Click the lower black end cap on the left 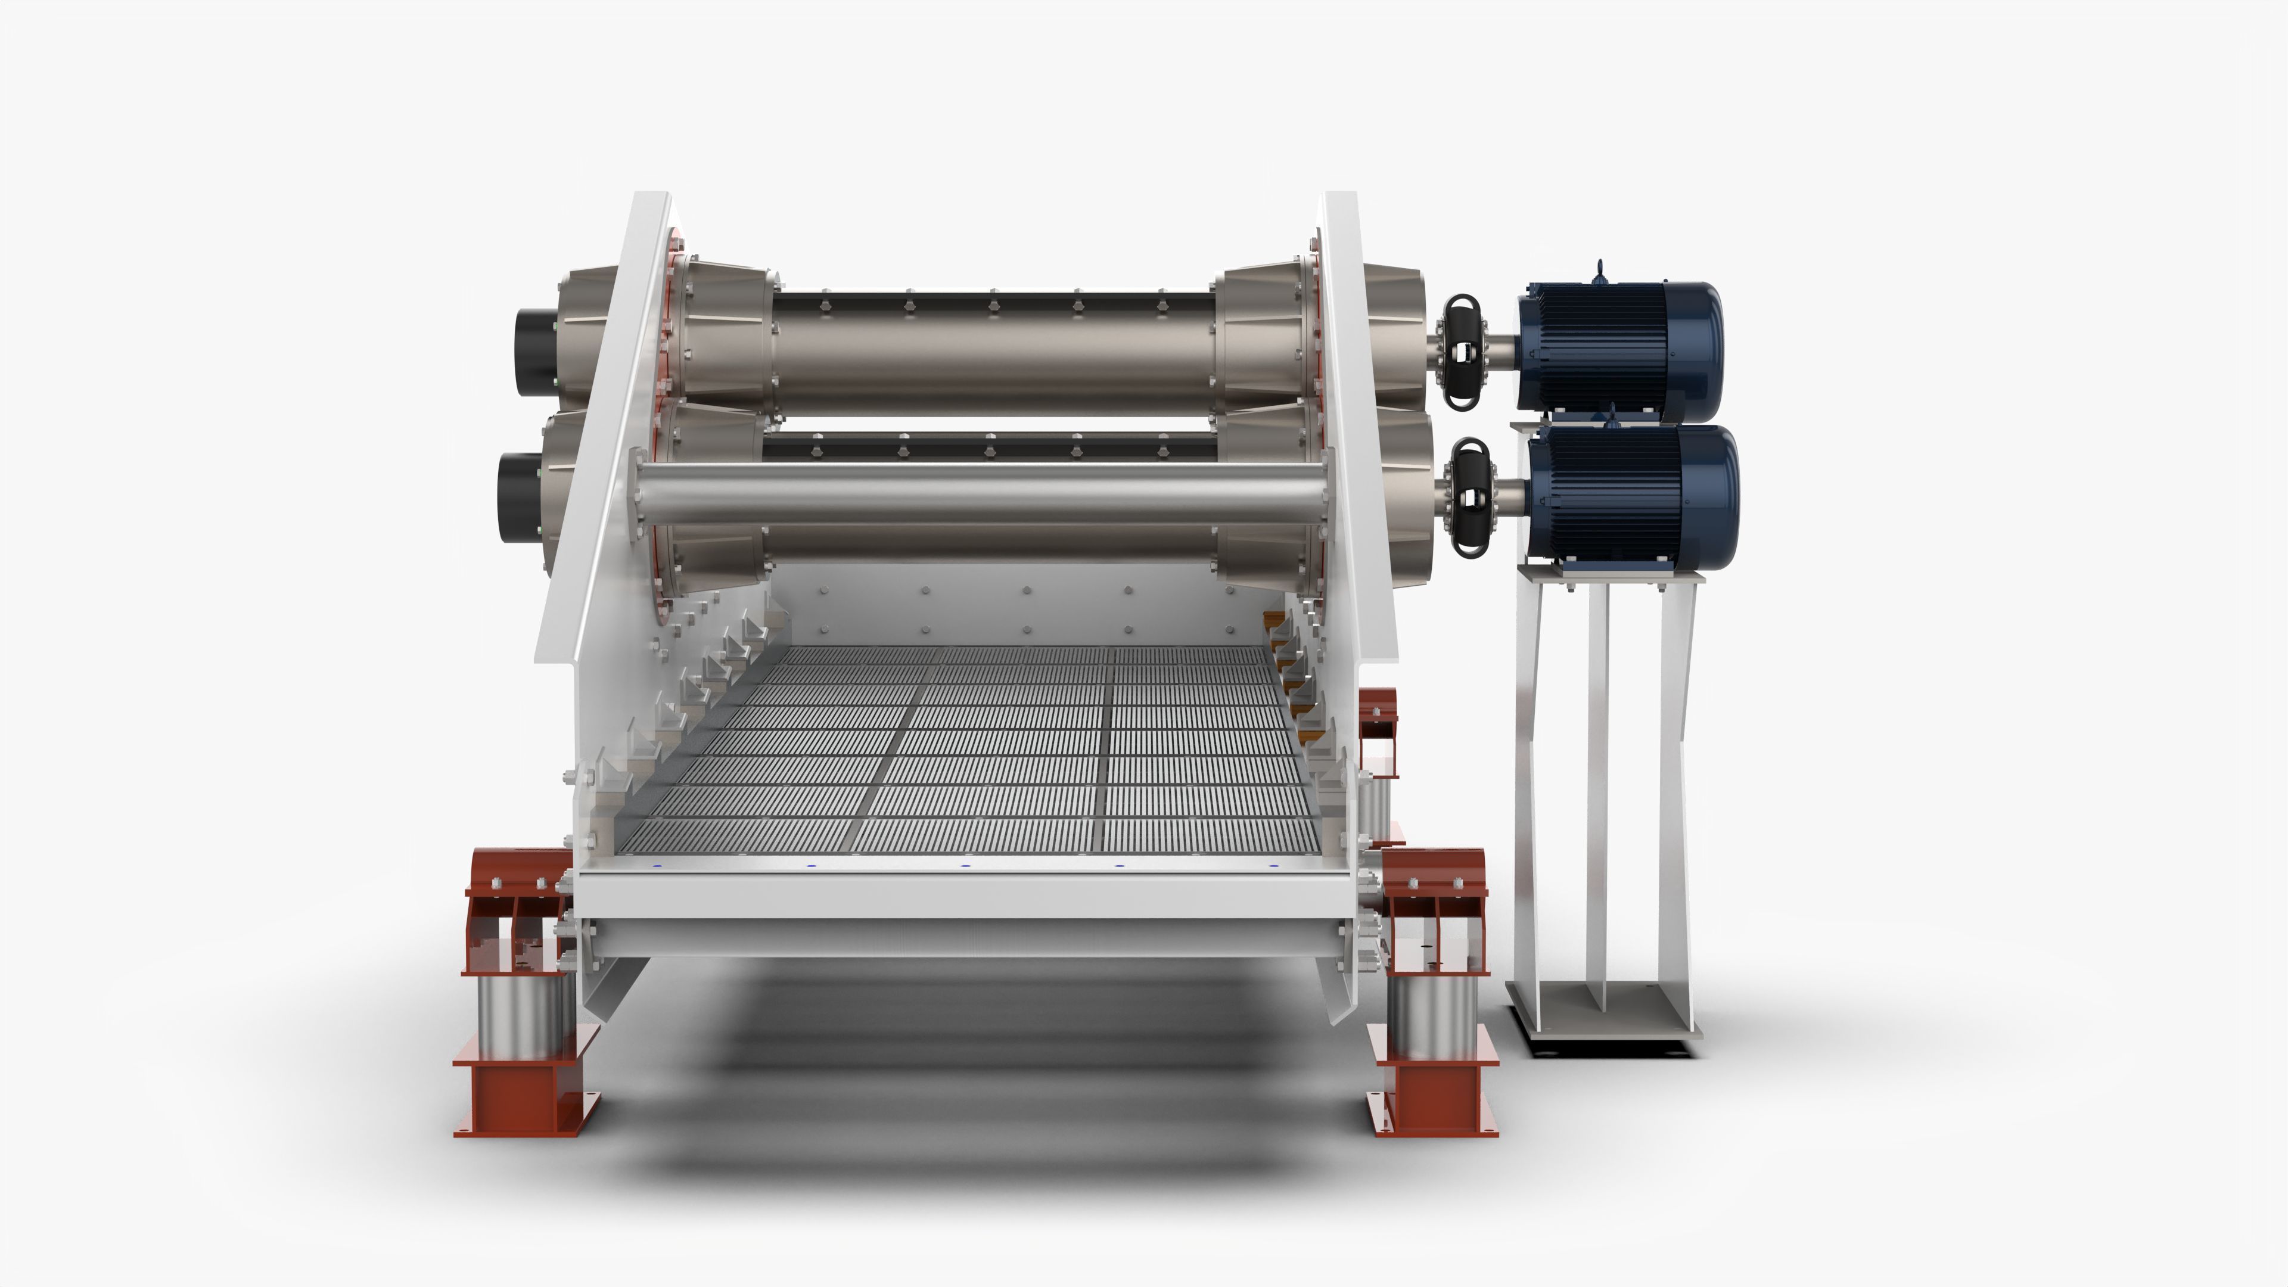517,498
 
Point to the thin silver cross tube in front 977,493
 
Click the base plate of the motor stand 1603,1012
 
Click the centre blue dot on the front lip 965,865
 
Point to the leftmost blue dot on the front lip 657,866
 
